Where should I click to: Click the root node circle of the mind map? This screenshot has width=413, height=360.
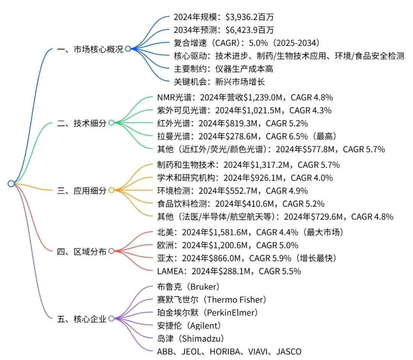coord(11,184)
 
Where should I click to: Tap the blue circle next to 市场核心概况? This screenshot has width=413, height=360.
coord(128,49)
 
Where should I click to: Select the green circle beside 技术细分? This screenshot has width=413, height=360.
coord(111,123)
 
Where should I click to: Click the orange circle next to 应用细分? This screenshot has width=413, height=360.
coord(111,190)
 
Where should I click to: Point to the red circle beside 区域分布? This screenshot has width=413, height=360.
coord(111,251)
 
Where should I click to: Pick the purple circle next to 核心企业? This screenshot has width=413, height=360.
coord(111,318)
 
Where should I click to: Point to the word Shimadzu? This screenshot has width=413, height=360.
coord(202,338)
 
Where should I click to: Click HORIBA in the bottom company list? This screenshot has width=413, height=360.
coord(230,351)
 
